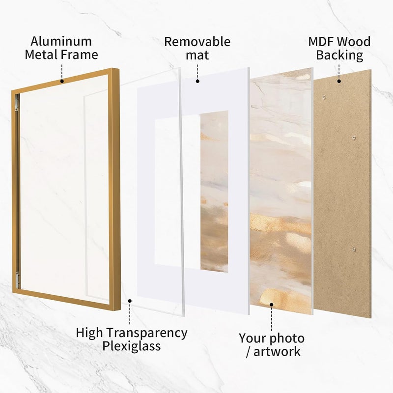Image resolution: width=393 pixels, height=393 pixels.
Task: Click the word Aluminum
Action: pos(61,42)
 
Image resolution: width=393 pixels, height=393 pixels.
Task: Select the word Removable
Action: pos(197,42)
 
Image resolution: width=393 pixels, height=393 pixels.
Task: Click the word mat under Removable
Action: pos(197,55)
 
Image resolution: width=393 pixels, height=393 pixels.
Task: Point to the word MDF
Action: pos(321,42)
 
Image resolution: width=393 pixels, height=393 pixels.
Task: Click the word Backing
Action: pos(339,56)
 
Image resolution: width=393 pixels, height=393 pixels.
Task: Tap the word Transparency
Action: pos(147,334)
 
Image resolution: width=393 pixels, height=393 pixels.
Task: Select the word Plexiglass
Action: pos(131,346)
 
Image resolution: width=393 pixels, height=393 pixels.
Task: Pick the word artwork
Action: pos(277,351)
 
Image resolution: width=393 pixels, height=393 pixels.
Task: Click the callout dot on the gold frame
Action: pos(62,81)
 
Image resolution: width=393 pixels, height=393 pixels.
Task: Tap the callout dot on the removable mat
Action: pos(197,81)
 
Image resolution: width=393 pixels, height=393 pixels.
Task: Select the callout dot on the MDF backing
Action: pos(339,81)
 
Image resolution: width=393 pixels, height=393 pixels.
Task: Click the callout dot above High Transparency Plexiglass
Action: pos(130,301)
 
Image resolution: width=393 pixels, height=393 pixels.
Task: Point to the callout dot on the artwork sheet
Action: pos(272,305)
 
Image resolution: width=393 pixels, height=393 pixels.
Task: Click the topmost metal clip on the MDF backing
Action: pos(324,97)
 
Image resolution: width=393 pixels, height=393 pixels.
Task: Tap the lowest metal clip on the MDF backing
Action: pos(354,250)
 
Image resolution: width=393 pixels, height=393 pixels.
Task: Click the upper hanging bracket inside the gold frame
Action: pos(17,103)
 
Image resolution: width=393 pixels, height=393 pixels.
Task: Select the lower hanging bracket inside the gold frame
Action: pos(17,280)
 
